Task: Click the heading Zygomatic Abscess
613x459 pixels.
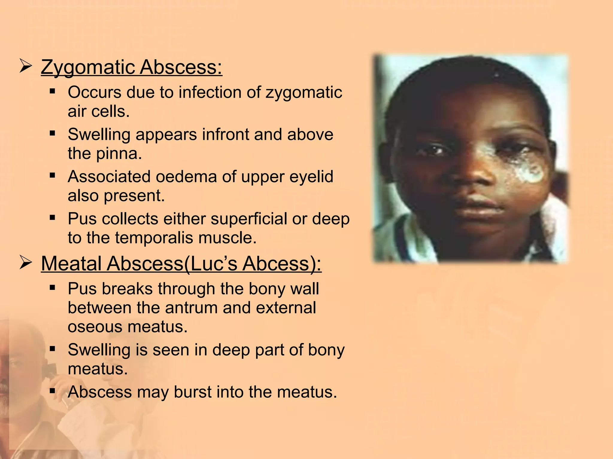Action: (131, 67)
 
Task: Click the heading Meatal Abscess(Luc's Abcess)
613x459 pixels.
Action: (181, 264)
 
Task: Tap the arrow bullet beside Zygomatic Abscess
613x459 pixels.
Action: (25, 66)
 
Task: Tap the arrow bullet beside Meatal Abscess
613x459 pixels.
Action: (25, 263)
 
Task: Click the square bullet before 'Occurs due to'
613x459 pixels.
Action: (53, 91)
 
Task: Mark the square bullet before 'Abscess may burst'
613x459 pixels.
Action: (53, 390)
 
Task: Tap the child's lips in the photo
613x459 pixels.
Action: (479, 206)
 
